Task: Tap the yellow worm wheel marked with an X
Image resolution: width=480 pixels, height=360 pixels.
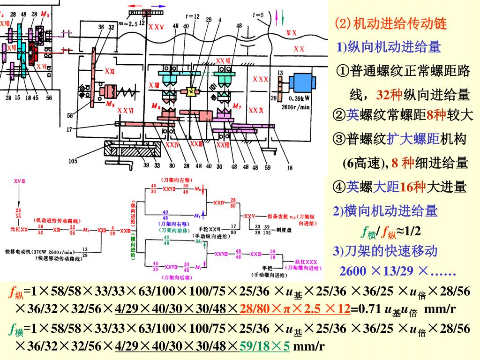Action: pos(191,92)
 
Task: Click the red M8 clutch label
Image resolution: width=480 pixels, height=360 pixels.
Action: pos(111,105)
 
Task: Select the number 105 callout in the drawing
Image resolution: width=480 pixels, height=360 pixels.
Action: pos(73,161)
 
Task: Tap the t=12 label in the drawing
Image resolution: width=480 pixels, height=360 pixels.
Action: pos(192,16)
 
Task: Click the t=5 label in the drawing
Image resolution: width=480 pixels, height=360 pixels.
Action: pos(258,15)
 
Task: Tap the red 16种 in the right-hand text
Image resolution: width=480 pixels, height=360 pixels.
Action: pos(413,187)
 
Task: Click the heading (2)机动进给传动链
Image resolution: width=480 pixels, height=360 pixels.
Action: pos(390,23)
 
